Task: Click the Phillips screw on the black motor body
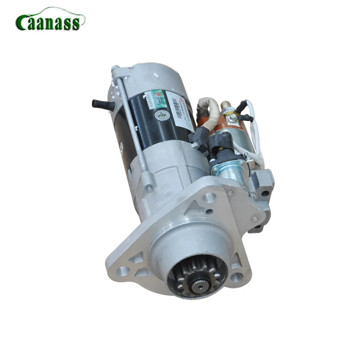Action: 162,115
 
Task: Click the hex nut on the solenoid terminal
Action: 233,118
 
